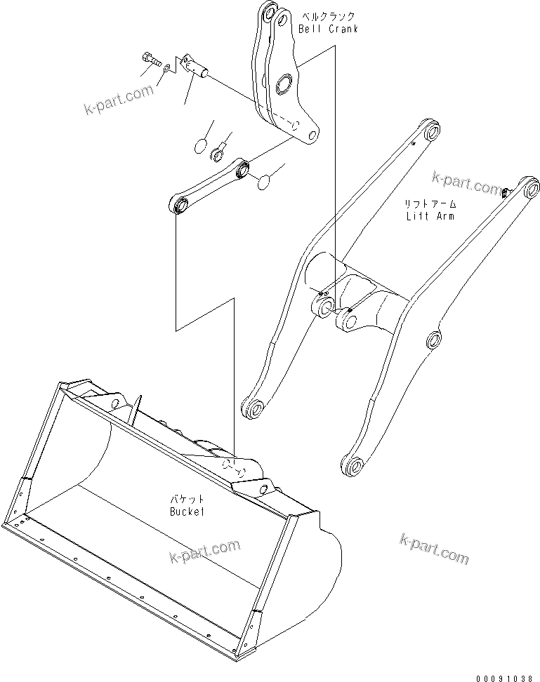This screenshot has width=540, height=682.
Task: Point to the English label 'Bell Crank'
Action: tap(328, 29)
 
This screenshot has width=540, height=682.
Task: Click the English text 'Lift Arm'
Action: tap(430, 215)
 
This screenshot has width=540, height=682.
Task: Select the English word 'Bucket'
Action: tap(186, 511)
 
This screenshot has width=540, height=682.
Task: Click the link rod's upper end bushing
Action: tap(243, 168)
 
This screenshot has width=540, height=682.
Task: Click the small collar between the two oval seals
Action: tap(219, 148)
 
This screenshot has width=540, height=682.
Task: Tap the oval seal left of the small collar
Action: tap(201, 147)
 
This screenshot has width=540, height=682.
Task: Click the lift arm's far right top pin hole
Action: tap(529, 188)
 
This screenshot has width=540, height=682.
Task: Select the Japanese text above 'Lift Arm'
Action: tap(430, 203)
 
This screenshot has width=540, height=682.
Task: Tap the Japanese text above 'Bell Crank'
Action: tap(328, 16)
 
